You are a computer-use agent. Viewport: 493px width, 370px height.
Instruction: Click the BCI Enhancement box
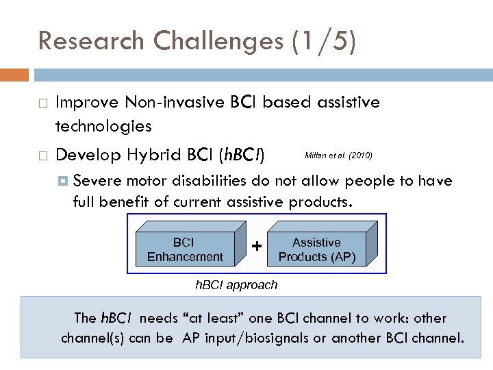point(185,249)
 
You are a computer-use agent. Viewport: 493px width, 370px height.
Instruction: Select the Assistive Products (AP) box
point(316,249)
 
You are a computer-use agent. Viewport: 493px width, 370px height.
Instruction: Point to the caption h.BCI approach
point(236,284)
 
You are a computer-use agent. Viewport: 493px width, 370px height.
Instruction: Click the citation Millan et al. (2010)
point(338,156)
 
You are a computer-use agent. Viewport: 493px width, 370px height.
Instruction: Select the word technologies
point(103,126)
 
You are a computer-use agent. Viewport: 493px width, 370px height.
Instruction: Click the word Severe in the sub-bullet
point(97,181)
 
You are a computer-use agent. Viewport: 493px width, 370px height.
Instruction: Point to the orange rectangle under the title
point(14,75)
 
